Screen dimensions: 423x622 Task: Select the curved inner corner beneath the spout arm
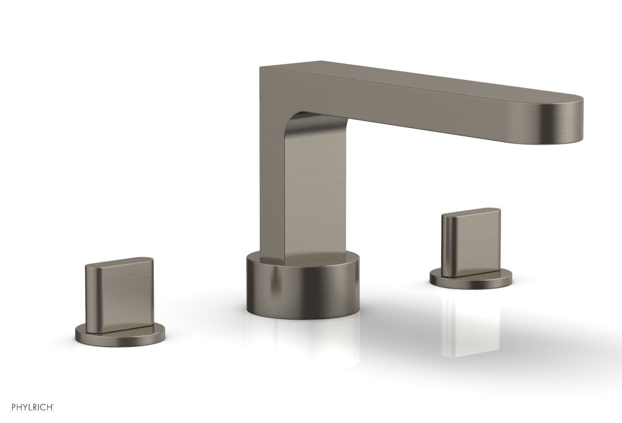tap(296, 123)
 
